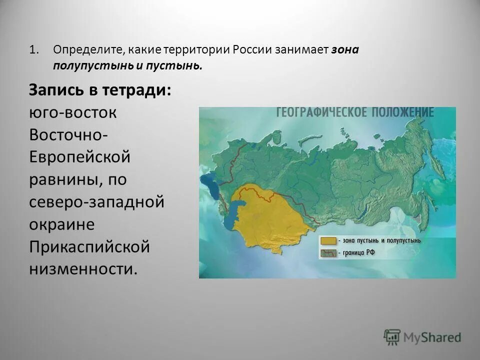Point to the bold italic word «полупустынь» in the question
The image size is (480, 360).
(x=89, y=65)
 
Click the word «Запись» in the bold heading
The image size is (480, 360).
(x=55, y=90)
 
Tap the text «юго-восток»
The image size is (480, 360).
(x=72, y=113)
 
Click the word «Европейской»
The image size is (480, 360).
(x=79, y=157)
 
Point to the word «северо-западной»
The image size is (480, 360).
(x=96, y=202)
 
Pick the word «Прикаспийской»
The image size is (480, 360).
(x=89, y=247)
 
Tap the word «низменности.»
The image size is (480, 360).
(x=82, y=269)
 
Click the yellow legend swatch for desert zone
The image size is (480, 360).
(x=328, y=241)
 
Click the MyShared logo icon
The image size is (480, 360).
(x=392, y=336)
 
